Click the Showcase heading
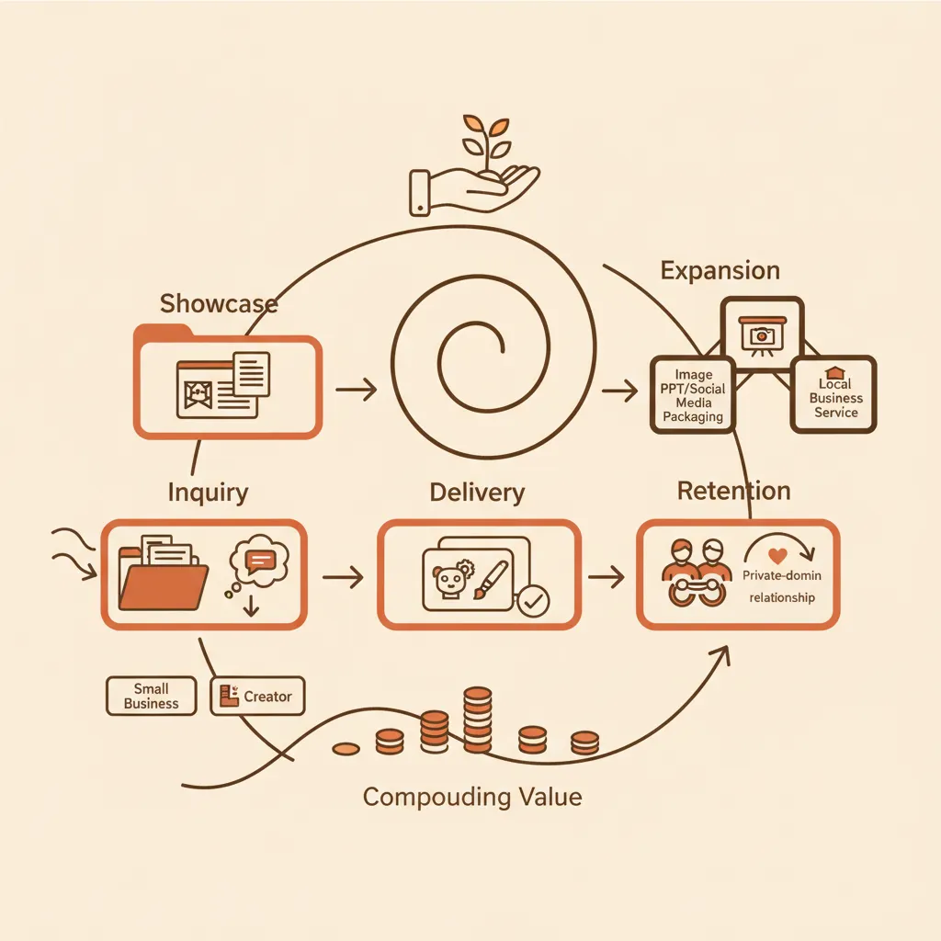click(x=218, y=303)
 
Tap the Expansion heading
click(x=720, y=271)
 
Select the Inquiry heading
click(x=208, y=493)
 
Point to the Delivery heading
click(x=477, y=493)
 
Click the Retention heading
click(x=733, y=491)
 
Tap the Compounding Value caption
click(x=472, y=796)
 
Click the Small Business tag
click(x=152, y=696)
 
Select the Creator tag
click(x=257, y=697)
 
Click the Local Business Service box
click(x=834, y=395)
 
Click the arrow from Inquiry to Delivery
click(x=344, y=577)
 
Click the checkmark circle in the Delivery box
click(x=532, y=602)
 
